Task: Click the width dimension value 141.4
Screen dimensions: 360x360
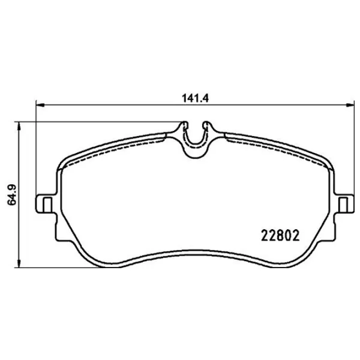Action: point(195,98)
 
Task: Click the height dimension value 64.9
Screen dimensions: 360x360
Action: point(12,191)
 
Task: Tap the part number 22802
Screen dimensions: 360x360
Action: point(280,236)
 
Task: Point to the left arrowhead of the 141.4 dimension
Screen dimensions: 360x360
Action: point(40,105)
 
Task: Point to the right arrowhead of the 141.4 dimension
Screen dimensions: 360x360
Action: point(350,105)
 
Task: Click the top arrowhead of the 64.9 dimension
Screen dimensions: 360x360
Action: point(19,125)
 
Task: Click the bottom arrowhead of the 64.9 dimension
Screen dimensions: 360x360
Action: point(19,263)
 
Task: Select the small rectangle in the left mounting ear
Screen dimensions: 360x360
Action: point(47,204)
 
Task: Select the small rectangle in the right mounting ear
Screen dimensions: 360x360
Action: point(343,204)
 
